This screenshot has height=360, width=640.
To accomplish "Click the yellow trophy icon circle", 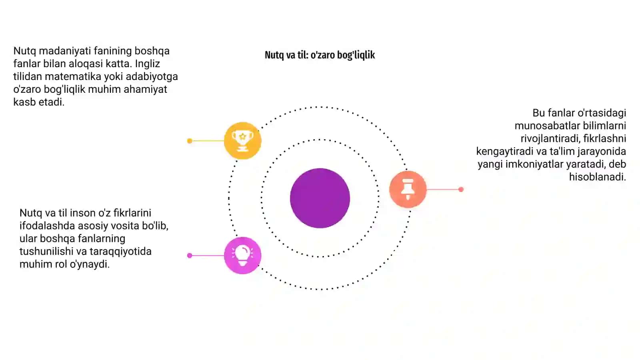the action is [242, 140].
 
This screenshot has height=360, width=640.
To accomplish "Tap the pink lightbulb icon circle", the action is [242, 256].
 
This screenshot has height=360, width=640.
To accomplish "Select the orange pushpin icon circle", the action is [408, 189].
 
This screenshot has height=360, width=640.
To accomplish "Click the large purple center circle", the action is [320, 198].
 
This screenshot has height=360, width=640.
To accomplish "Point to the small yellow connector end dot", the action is [190, 141].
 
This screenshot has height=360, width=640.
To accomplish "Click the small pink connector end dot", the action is [190, 256].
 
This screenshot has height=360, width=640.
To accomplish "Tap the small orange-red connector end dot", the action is [461, 190].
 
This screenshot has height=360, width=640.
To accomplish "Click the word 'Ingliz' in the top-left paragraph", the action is [148, 64].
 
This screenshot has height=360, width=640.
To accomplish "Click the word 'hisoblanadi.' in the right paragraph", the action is [598, 177].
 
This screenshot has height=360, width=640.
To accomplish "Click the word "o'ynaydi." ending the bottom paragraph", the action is [90, 264].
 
